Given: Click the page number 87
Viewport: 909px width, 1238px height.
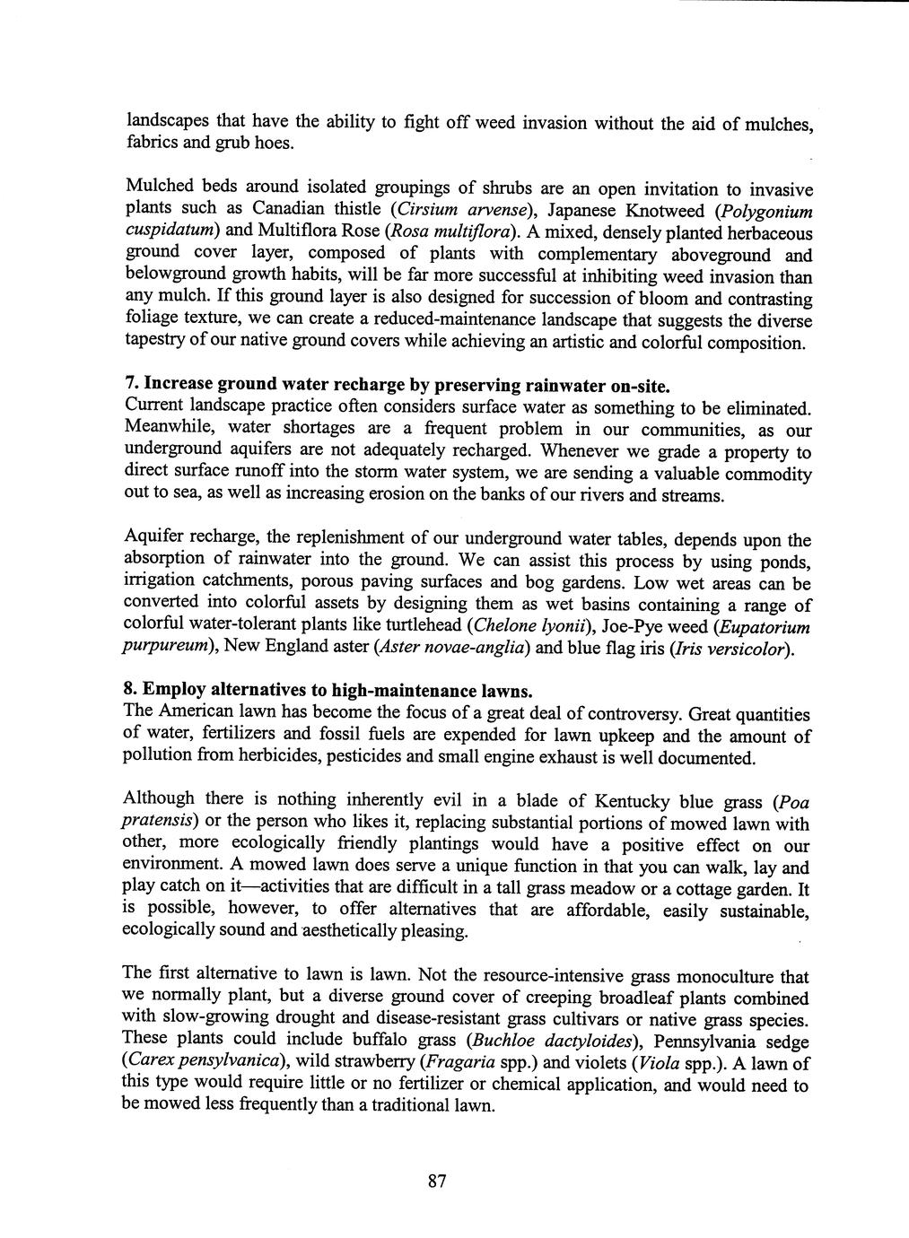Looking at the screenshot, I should pos(436,1181).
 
